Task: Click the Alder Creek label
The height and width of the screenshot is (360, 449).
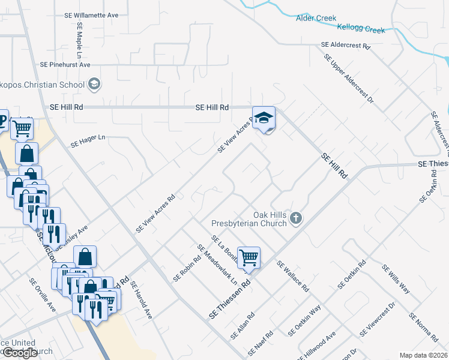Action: coord(316,18)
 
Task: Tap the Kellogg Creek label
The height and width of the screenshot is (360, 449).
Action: coord(361,28)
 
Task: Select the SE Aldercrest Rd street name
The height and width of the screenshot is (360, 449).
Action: coord(346,45)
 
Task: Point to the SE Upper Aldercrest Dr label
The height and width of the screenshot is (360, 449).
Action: coord(349,79)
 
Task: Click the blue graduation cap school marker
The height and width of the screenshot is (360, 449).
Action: coord(264,118)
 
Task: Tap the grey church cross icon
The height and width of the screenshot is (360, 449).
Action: coord(295,218)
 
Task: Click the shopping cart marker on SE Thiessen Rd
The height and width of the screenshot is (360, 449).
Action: coord(249,258)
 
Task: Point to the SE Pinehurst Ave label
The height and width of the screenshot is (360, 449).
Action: coord(65,64)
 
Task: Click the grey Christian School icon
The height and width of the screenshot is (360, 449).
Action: coord(94,84)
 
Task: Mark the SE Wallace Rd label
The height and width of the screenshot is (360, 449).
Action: coord(292,276)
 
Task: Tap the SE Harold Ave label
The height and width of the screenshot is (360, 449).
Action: coord(142,301)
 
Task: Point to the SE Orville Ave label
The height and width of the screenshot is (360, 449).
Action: coord(43,294)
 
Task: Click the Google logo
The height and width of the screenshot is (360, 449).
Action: coord(20,353)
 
